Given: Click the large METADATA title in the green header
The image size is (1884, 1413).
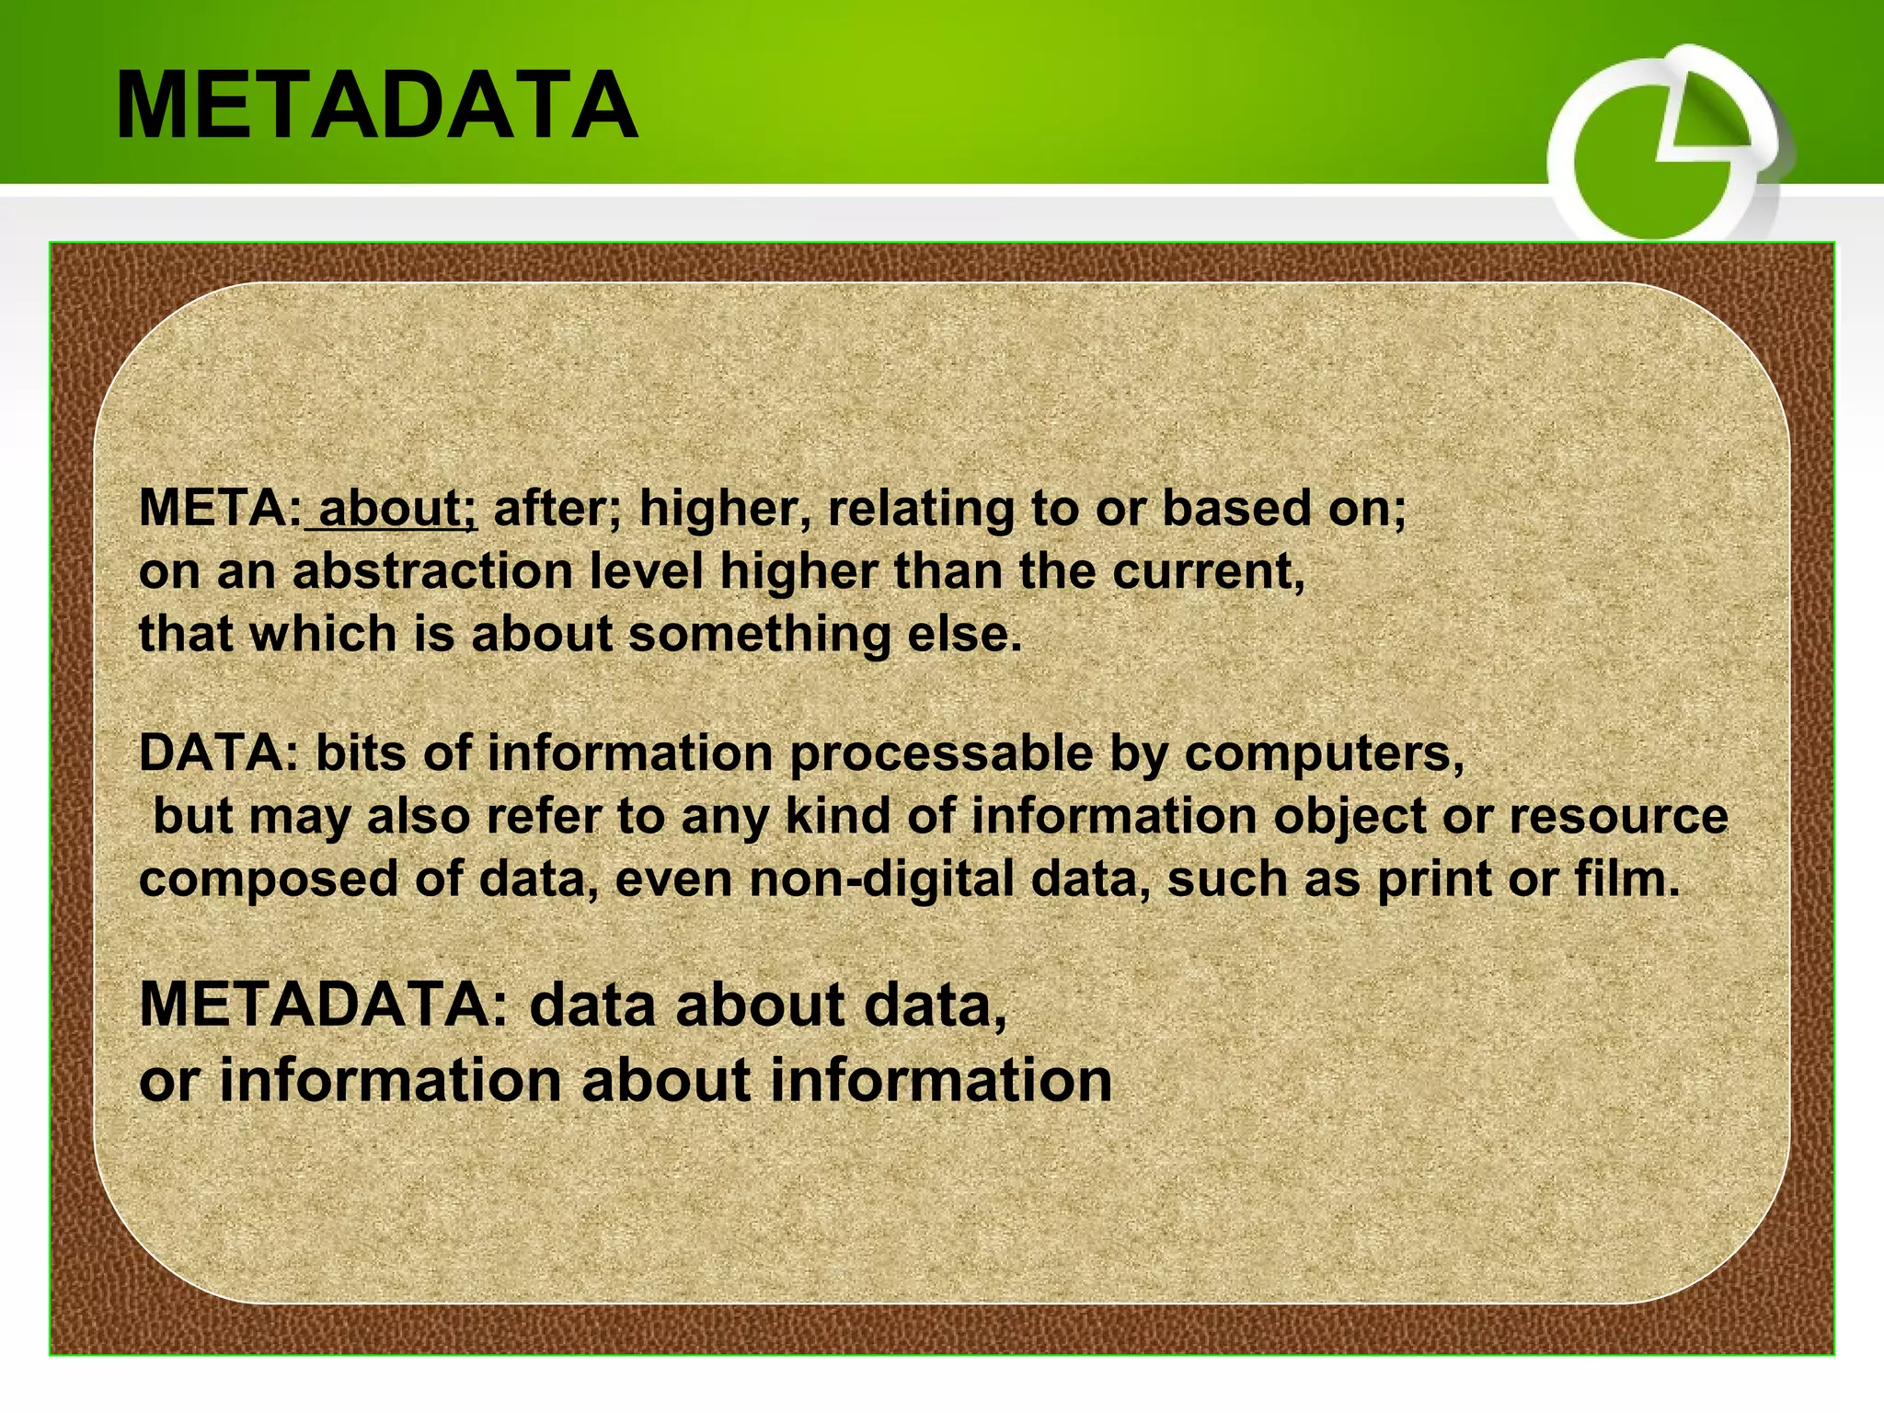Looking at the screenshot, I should (x=377, y=106).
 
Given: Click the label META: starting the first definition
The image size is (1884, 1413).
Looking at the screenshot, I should (x=220, y=508).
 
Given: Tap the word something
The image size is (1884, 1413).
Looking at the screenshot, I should (x=759, y=635).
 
